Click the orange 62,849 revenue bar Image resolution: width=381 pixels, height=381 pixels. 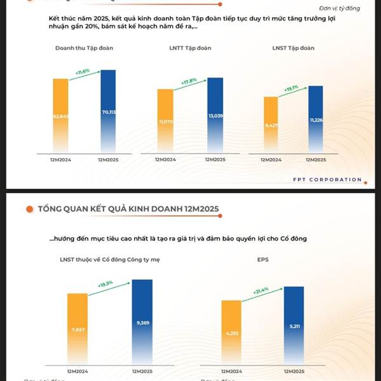[x=60, y=114]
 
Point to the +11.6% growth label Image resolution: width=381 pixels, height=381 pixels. [x=83, y=72]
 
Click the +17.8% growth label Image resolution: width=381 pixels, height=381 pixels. [x=189, y=81]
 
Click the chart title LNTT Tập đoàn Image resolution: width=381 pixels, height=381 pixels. [x=190, y=48]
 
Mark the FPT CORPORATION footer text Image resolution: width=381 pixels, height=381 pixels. [x=328, y=180]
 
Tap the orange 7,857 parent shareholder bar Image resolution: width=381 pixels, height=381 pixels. [x=77, y=329]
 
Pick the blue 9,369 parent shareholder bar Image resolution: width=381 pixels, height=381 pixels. [x=142, y=322]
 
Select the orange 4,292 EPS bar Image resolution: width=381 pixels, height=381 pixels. [x=232, y=332]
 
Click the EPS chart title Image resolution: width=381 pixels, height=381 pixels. [x=264, y=260]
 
